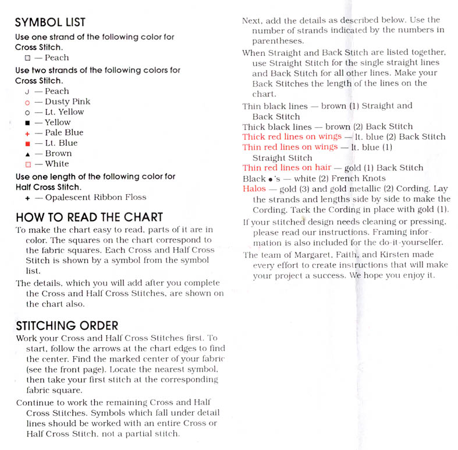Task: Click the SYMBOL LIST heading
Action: (x=50, y=23)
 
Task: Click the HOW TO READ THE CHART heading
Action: (x=89, y=217)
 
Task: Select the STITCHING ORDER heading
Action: (x=67, y=325)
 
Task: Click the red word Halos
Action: (x=254, y=189)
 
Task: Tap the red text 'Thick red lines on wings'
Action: (x=292, y=137)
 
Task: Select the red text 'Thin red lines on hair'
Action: (x=286, y=168)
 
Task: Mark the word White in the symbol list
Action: (x=56, y=164)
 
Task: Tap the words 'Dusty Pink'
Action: (x=68, y=101)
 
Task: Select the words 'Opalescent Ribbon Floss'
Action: (x=95, y=197)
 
